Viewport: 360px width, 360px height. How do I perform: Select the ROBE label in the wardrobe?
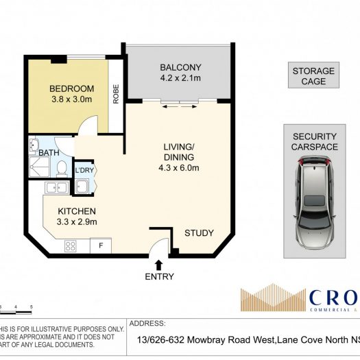[x=116, y=95]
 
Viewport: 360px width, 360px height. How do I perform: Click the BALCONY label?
[x=180, y=67]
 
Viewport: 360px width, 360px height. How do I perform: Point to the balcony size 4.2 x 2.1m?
[x=180, y=78]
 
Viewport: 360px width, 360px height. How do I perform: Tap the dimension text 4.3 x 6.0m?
[x=181, y=167]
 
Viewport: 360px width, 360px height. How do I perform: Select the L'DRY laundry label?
[x=84, y=171]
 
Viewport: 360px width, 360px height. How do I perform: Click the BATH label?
[x=48, y=152]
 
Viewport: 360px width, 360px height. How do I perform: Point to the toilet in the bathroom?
[x=61, y=168]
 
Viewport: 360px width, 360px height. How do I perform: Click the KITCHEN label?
[x=76, y=211]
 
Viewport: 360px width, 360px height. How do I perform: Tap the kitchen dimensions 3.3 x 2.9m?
[x=76, y=221]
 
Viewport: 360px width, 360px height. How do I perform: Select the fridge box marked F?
[x=101, y=245]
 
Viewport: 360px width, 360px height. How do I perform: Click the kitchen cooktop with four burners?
[x=71, y=245]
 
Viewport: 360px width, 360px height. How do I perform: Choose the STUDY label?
[x=199, y=232]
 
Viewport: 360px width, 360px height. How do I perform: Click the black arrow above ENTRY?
[x=159, y=264]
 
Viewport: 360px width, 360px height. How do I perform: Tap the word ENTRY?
[x=159, y=277]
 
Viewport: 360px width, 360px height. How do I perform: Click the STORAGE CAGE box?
[x=313, y=75]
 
